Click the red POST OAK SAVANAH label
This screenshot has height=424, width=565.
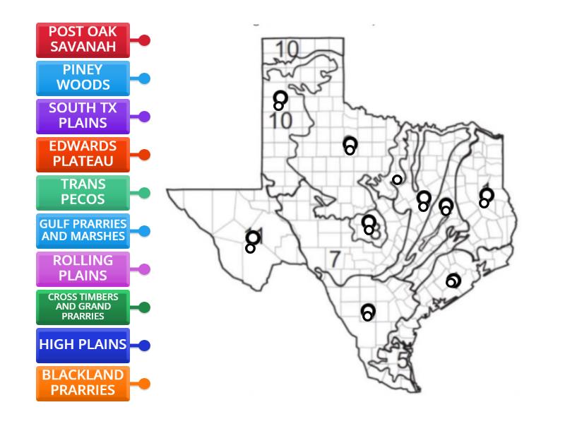83,40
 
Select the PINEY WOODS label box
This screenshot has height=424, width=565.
83,78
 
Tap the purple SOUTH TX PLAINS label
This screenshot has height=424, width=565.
83,117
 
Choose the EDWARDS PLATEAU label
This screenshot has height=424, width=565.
83,155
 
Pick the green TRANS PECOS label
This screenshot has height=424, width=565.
83,193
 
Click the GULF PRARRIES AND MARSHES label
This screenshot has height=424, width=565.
83,231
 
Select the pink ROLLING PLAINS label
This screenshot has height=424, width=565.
83,269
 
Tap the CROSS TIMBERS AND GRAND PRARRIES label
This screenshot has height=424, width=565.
83,307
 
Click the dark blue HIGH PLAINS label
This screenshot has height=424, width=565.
83,346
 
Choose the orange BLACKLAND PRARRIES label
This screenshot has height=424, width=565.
83,384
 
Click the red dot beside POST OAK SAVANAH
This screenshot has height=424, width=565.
145,40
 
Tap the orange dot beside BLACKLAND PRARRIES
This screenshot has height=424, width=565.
145,384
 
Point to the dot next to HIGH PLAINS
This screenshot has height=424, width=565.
145,346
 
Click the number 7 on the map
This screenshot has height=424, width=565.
335,259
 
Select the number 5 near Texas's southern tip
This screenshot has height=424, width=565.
402,360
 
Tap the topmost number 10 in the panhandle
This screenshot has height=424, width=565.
287,49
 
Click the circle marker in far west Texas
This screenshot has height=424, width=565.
252,239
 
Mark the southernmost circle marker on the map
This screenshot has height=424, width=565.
368,312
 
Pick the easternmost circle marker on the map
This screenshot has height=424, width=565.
486,196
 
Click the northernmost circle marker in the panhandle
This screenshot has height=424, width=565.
280,99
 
